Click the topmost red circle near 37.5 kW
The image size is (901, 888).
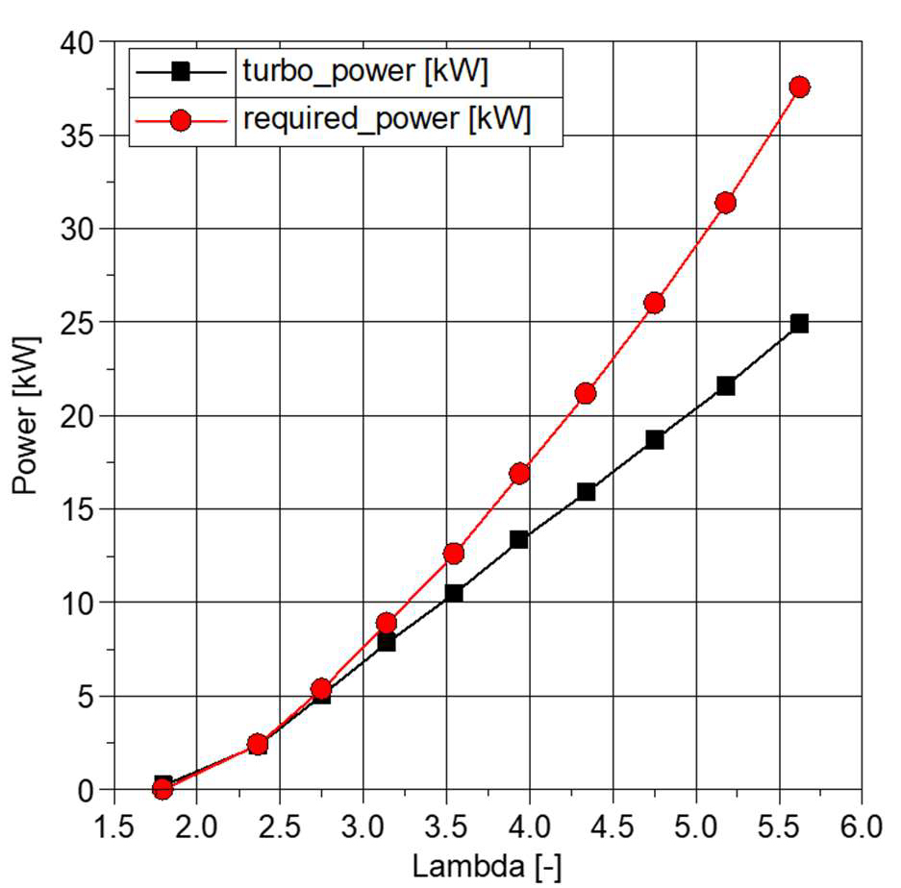(798, 87)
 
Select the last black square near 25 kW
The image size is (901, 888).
(798, 323)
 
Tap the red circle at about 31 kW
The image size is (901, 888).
(725, 203)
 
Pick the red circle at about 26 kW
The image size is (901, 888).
(654, 303)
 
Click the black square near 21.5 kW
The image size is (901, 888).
(725, 385)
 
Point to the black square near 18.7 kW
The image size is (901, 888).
(654, 439)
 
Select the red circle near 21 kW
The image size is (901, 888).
(585, 393)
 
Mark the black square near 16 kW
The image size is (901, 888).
(585, 491)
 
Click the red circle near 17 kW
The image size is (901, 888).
(519, 473)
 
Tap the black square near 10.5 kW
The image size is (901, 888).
(453, 593)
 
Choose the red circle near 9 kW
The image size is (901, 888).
(386, 623)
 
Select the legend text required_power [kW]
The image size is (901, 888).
(388, 120)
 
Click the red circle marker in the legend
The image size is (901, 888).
(182, 121)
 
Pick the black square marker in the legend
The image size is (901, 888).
(182, 72)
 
